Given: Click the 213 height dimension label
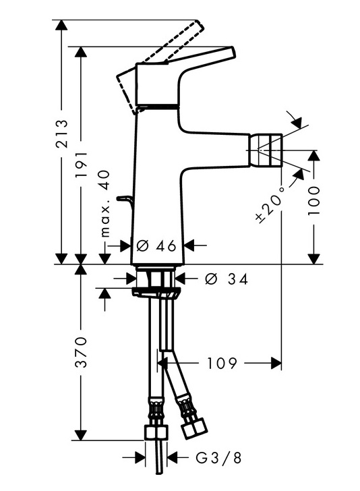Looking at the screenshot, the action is point(61,133).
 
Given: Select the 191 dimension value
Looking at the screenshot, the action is point(82,164).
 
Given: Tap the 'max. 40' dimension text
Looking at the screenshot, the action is point(106,204).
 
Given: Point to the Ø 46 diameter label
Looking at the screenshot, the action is point(156,246).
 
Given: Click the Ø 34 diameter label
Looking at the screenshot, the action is point(227,279).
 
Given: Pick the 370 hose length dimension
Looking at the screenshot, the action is point(82,352).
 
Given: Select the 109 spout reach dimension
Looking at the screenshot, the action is point(222,364).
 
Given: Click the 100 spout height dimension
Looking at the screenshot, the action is point(313,200).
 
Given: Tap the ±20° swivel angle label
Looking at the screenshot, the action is point(270,204).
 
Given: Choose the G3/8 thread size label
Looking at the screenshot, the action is point(218,458).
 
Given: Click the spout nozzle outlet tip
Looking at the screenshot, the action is point(266,150).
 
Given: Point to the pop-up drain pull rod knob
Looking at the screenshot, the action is point(124,198).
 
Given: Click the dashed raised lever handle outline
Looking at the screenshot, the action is point(160,66).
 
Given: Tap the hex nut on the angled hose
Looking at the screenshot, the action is point(194,429).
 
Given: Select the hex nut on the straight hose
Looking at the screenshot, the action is point(156,432).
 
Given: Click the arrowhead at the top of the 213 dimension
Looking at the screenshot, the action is point(61,25).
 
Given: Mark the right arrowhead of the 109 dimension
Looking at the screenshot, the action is point(276,364).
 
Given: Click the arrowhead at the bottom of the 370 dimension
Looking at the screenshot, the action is point(81,435).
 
